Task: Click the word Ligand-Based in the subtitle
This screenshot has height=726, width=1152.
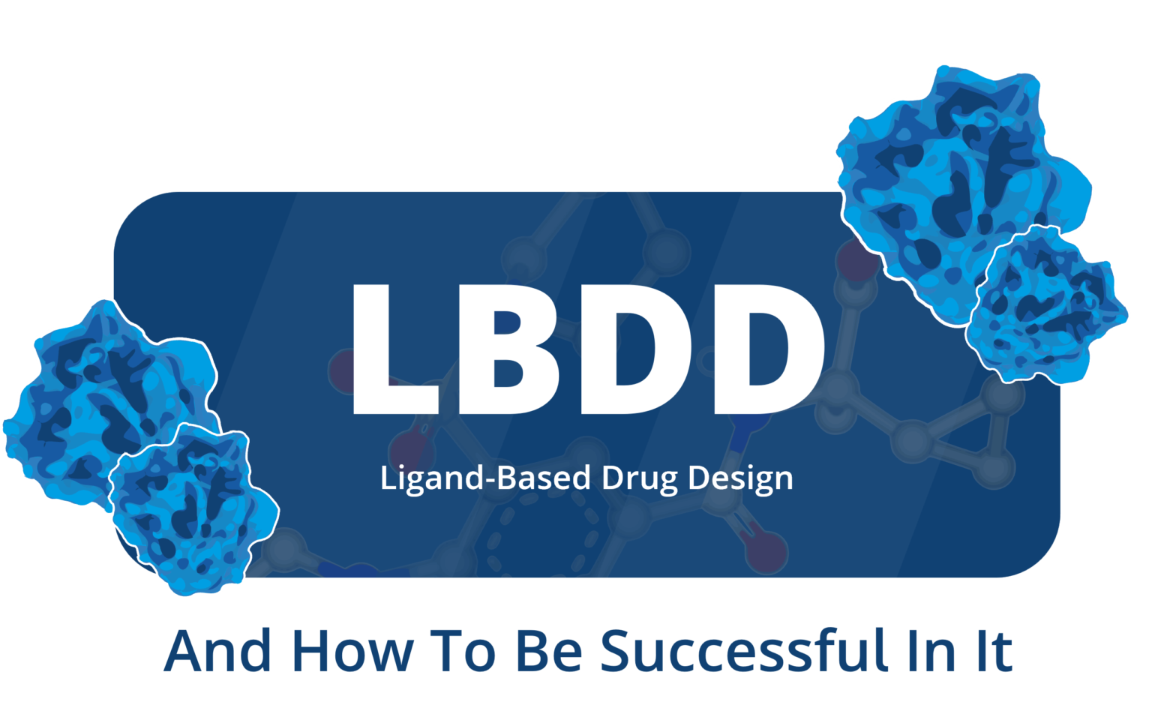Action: (x=485, y=479)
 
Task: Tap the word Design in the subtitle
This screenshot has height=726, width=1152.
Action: (x=740, y=479)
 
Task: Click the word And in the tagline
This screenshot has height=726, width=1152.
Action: (x=217, y=651)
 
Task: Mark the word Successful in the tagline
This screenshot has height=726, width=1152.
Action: (x=744, y=650)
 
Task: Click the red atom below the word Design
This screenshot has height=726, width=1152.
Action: (x=766, y=552)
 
